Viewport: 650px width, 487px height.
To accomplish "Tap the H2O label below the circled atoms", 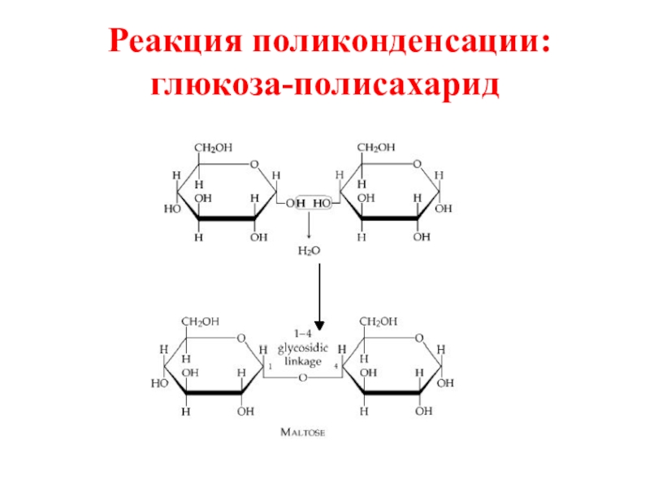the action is pos(308,252).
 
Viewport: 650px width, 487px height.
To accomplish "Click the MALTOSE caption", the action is pos(303,433).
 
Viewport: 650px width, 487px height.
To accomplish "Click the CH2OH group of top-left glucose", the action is pos(212,147).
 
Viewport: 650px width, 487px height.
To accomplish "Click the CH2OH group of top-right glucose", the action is pos(376,147).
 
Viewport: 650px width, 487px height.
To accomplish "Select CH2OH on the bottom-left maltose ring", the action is pos(199,321).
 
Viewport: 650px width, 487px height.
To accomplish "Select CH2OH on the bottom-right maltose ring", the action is pos(378,321).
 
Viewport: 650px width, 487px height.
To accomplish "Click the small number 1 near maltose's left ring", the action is pos(267,367).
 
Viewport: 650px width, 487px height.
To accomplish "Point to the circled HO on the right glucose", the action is pos(321,204).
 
